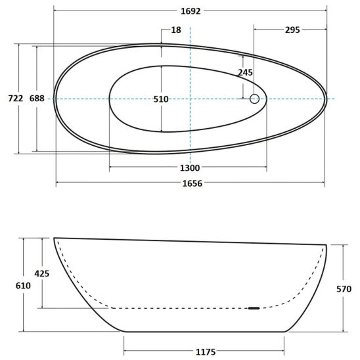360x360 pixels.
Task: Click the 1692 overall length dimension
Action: pyautogui.click(x=191, y=11)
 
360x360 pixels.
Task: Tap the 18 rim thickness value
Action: pyautogui.click(x=176, y=30)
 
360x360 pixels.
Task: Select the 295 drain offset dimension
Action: pyautogui.click(x=292, y=30)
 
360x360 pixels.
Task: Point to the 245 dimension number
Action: pyautogui.click(x=245, y=72)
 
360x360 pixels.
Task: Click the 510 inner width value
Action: pyautogui.click(x=161, y=99)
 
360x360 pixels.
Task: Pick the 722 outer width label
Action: pyautogui.click(x=16, y=99)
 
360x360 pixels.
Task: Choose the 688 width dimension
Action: pyautogui.click(x=37, y=99)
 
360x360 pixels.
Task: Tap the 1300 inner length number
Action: pyautogui.click(x=190, y=168)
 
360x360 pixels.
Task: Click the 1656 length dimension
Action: pyautogui.click(x=192, y=183)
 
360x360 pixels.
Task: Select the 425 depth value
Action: pyautogui.click(x=42, y=273)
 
